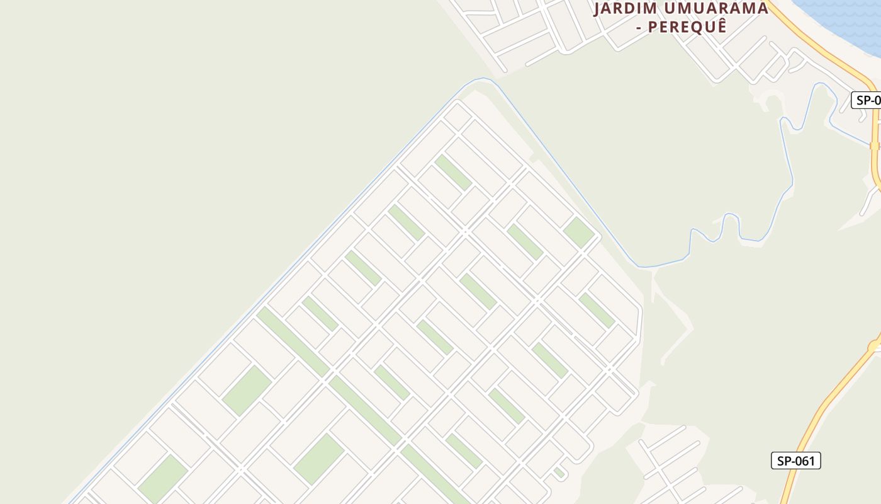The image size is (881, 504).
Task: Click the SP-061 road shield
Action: pos(795,461)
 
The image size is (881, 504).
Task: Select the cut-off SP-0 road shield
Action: pos(867,100)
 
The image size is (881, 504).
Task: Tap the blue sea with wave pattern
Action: pos(843,16)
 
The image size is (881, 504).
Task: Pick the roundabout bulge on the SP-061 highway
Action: pos(875,346)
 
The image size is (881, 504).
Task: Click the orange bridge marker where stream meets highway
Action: pos(874,146)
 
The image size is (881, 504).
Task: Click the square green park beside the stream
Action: pos(579,232)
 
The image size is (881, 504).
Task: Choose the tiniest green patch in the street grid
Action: pos(559,472)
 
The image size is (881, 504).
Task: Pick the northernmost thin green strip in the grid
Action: pos(452,172)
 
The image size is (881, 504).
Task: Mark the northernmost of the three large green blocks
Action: pos(247,390)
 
